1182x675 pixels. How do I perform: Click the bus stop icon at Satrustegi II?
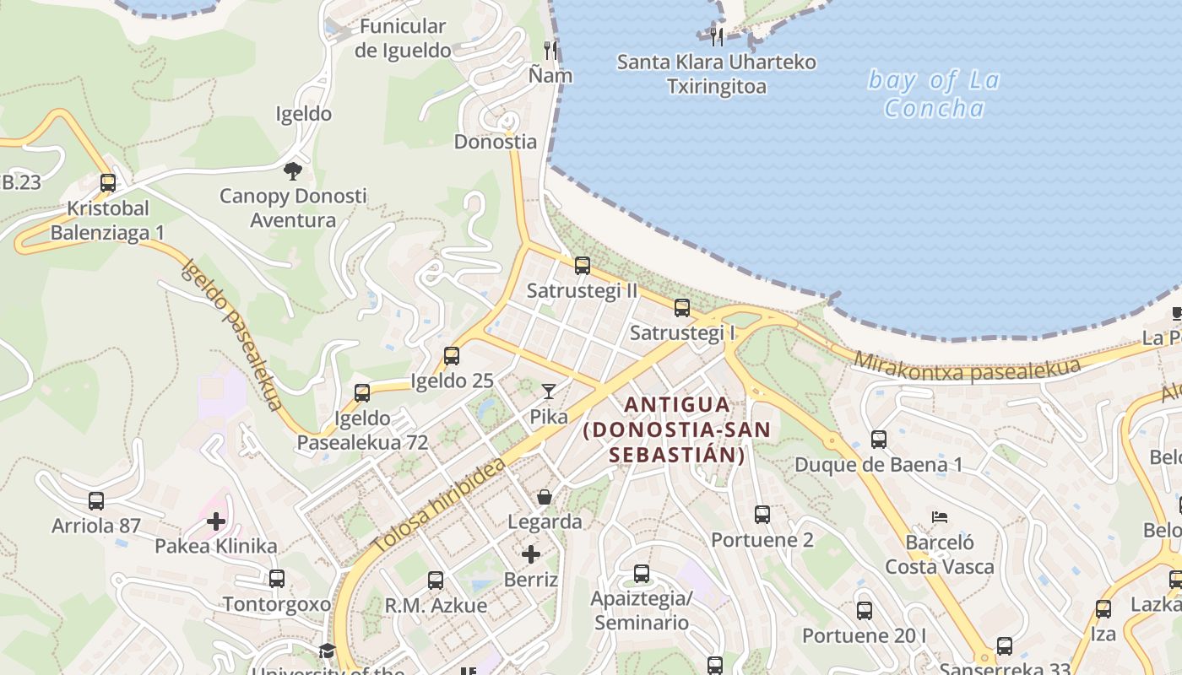(x=582, y=266)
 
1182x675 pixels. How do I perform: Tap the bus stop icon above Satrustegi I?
(x=682, y=308)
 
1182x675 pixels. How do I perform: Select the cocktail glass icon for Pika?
(x=549, y=391)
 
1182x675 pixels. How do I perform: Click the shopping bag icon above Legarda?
(x=545, y=497)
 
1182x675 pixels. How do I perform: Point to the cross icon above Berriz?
(x=531, y=554)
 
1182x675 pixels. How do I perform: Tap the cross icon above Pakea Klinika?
(x=216, y=521)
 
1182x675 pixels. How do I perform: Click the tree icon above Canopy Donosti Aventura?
(x=293, y=171)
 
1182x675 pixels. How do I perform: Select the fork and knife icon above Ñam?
(x=550, y=51)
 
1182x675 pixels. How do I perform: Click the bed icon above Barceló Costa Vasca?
(x=940, y=516)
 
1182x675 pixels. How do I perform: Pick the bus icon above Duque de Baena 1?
(x=879, y=440)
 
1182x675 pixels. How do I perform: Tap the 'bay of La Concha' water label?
(x=934, y=94)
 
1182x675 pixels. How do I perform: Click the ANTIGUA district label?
(x=676, y=405)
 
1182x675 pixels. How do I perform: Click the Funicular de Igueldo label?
(x=403, y=38)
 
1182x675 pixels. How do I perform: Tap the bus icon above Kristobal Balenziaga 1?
(x=107, y=183)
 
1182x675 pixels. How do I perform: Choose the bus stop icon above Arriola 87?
(x=96, y=501)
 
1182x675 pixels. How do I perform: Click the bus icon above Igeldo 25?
(x=452, y=356)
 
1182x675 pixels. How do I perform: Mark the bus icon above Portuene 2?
(x=762, y=515)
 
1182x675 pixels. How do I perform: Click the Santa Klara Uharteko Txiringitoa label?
(x=717, y=74)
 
